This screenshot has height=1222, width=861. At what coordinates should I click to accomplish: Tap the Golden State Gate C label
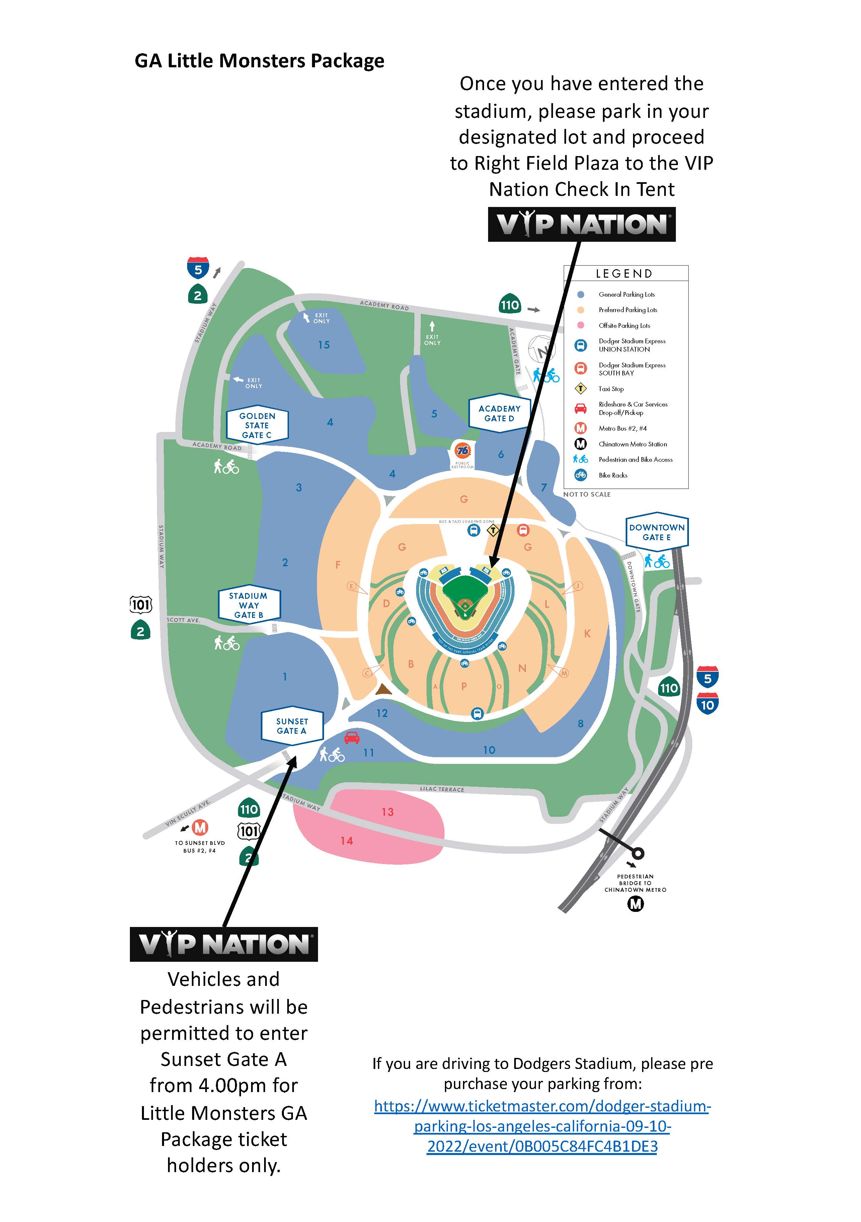257,425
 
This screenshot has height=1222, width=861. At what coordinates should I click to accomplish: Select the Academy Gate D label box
499,413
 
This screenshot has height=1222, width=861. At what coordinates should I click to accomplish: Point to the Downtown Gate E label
657,532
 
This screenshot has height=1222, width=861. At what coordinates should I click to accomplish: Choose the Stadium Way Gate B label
248,605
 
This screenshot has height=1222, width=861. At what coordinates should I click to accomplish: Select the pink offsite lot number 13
387,812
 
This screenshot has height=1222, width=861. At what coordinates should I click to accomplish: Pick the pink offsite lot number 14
346,840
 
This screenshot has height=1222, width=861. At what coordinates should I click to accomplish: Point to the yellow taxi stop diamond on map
493,530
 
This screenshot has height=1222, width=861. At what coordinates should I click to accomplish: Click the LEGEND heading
624,274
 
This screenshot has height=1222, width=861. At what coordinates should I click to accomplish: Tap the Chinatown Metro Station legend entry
632,444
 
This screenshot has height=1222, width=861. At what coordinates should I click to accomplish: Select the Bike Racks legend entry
613,475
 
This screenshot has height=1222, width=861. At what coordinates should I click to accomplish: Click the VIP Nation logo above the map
581,224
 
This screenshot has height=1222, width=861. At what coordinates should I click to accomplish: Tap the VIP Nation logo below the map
224,944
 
